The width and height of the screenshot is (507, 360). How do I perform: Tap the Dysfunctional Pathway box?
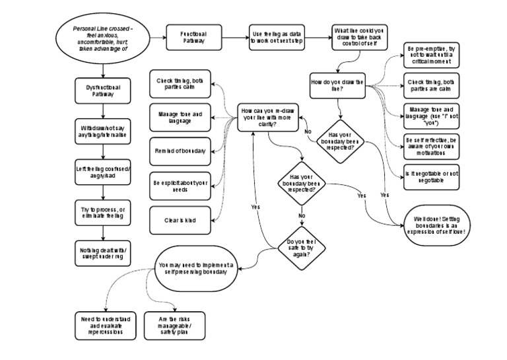103,90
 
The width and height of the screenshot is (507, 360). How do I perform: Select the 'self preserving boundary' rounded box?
196,268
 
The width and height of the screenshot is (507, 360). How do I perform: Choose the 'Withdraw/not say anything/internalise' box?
103,131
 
